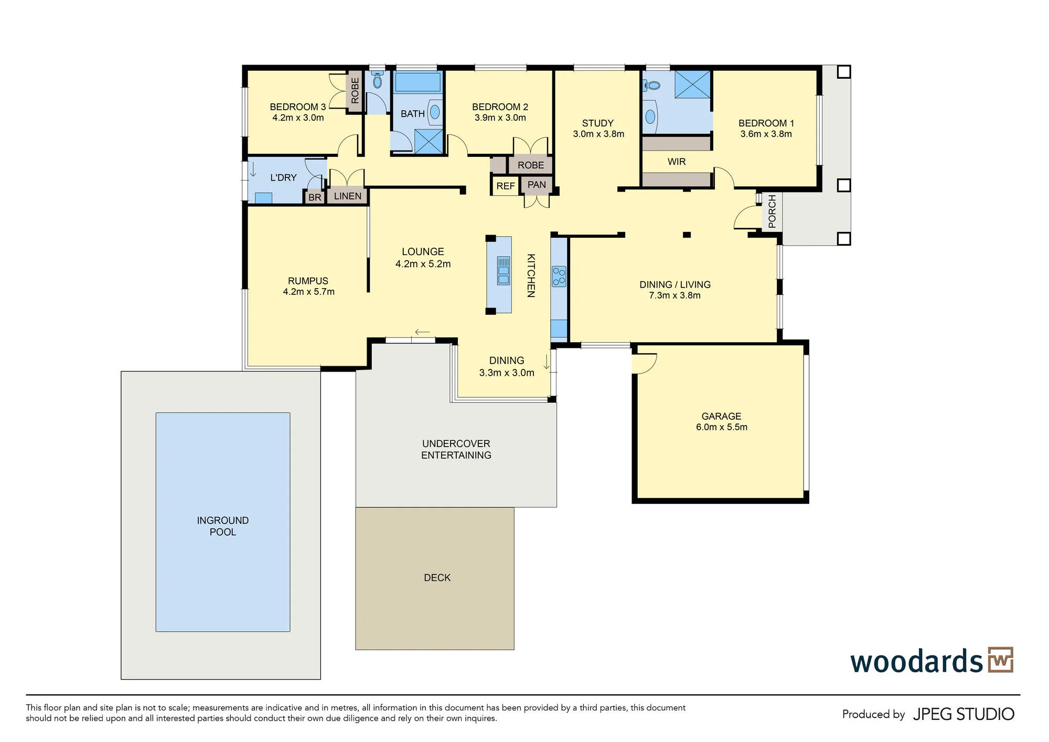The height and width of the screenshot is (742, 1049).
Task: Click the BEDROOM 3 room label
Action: point(298,107)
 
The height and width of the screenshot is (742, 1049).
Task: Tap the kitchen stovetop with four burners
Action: point(559,277)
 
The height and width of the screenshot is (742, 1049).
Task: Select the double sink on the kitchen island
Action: point(503,270)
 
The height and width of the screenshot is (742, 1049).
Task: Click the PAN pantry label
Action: point(537,185)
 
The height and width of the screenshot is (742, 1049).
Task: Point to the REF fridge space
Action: point(506,186)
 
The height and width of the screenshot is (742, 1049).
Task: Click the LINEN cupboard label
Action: point(348,196)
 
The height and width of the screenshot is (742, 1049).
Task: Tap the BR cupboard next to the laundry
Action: point(315,197)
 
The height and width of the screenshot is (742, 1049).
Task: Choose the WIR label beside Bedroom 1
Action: point(677,162)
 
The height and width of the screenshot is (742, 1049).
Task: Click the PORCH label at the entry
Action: point(772,211)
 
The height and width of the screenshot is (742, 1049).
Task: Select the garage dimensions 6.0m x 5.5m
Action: point(722,427)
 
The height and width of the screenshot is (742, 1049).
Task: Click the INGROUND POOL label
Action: point(223,526)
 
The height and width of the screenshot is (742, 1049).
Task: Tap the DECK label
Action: point(437,578)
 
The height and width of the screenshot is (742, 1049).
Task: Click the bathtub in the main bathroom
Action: point(418,82)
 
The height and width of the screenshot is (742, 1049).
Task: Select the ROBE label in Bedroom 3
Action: point(355,91)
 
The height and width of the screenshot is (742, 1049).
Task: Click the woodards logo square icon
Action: point(1000,660)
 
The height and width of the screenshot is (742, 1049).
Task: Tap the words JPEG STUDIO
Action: point(964,714)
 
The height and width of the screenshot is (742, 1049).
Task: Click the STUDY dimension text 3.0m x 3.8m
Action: point(598,134)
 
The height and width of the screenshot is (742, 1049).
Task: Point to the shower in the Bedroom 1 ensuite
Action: point(692,84)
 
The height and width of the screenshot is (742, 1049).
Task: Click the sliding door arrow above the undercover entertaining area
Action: point(422,332)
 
